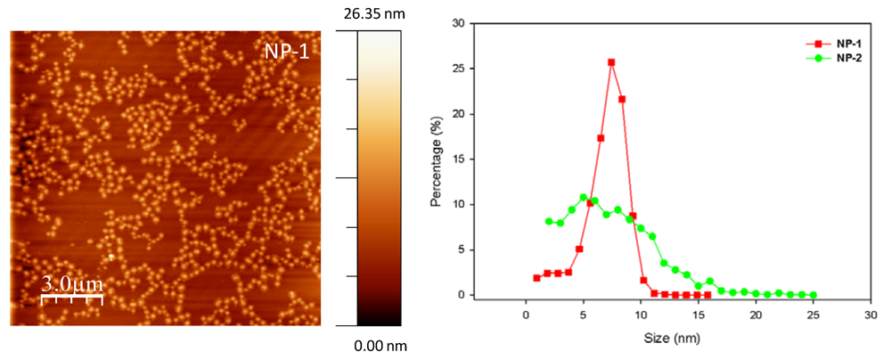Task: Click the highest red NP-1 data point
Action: (x=611, y=62)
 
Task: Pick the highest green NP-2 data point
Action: (x=584, y=197)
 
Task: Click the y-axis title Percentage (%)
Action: (x=437, y=160)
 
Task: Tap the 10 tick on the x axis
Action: (x=641, y=315)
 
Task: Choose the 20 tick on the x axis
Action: (x=756, y=315)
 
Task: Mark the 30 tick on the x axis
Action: (x=871, y=315)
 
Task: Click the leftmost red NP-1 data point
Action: (x=536, y=277)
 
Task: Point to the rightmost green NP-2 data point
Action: (x=813, y=295)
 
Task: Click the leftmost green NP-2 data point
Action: (x=549, y=221)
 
